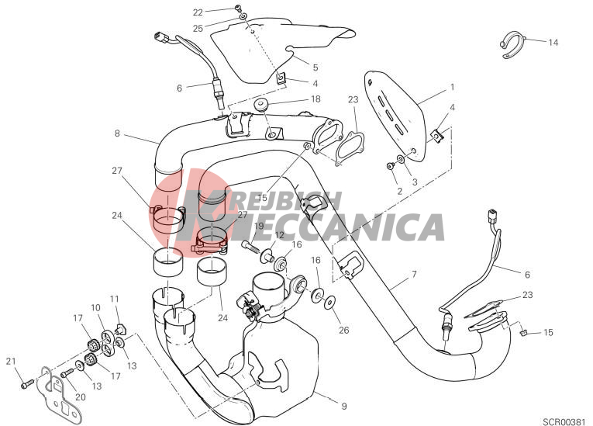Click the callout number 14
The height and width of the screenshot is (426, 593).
tap(553, 43)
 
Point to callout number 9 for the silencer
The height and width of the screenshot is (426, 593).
tap(343, 407)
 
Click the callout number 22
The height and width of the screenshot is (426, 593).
tap(198, 12)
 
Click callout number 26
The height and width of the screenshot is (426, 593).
tap(343, 331)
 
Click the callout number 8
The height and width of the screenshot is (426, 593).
tap(117, 133)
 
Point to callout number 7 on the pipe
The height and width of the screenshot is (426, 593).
tap(414, 274)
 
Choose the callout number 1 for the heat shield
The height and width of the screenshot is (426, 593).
tap(453, 88)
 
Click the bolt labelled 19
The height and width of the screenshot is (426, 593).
tap(250, 246)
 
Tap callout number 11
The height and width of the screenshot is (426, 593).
tap(115, 299)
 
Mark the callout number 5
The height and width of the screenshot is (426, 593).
tap(315, 68)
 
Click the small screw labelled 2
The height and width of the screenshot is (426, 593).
tap(390, 165)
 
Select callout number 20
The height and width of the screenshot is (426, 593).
tap(81, 397)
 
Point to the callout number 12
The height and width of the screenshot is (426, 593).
tap(279, 235)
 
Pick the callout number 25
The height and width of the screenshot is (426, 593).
tap(198, 29)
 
